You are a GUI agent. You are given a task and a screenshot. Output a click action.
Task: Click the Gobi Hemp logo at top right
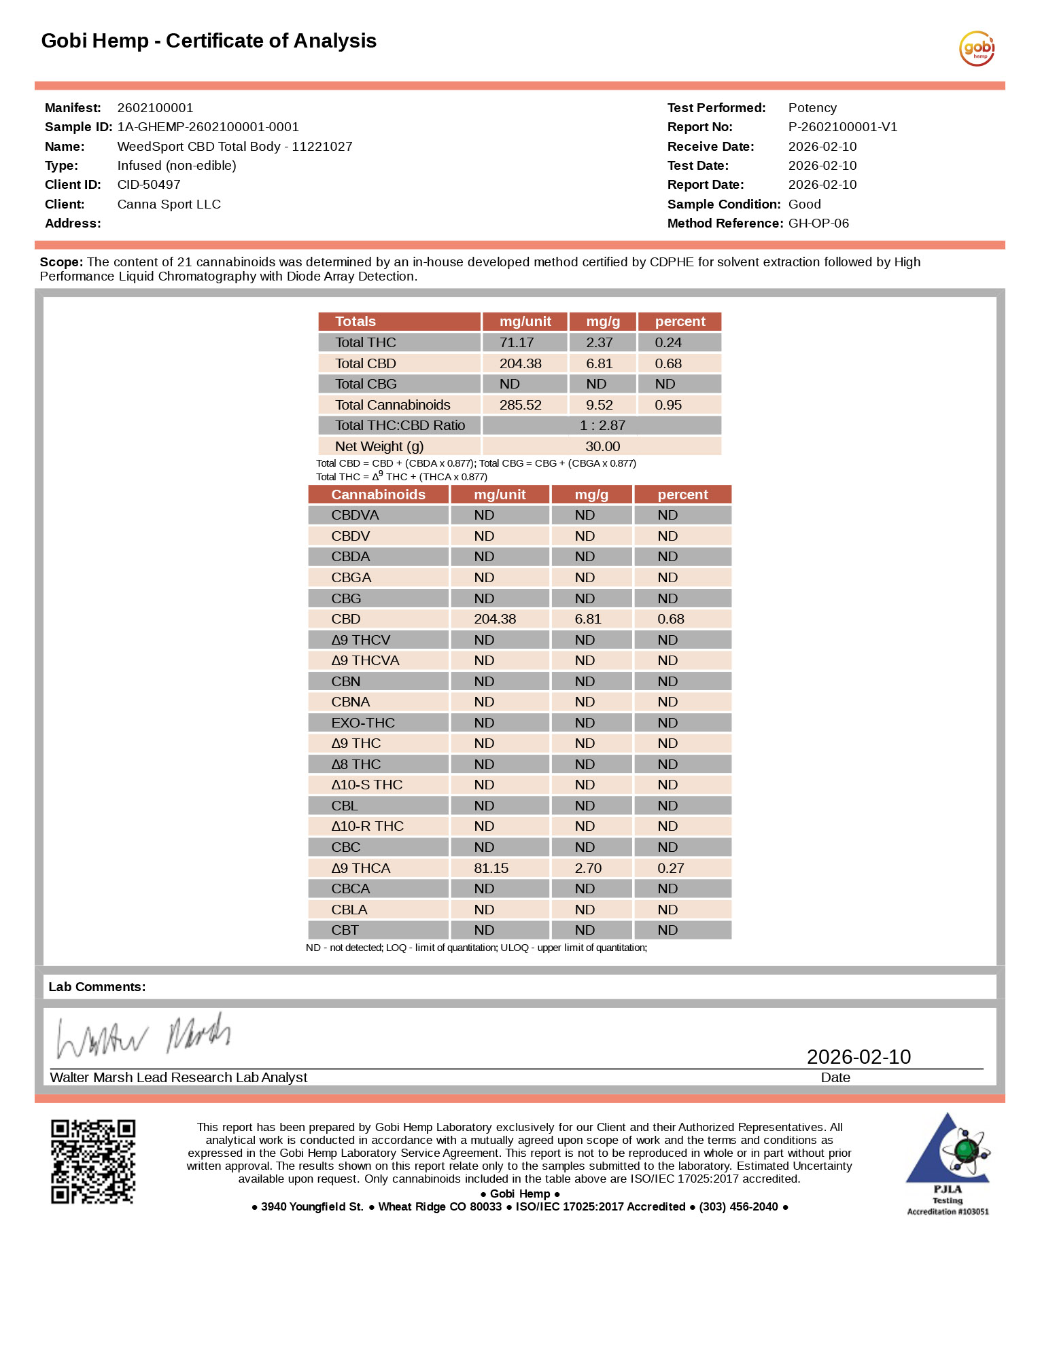[x=977, y=48]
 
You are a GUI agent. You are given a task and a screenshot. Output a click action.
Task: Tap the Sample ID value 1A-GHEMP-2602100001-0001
[x=208, y=127]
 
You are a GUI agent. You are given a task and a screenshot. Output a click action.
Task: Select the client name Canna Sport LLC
[x=169, y=204]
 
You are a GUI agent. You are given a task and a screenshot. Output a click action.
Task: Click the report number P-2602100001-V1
[x=842, y=127]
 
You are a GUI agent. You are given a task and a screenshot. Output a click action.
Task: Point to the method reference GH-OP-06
[x=818, y=223]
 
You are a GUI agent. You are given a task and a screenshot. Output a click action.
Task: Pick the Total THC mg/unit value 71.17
[x=517, y=342]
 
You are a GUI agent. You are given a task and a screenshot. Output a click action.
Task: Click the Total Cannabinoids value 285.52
[x=520, y=405]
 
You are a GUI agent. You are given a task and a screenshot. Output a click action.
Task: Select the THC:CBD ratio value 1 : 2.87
[x=602, y=425]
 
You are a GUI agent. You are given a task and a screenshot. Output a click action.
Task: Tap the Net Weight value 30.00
[x=602, y=446]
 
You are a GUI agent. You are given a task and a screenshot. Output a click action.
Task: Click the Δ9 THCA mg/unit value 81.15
[x=491, y=868]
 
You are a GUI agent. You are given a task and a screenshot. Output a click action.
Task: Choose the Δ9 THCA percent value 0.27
[x=670, y=868]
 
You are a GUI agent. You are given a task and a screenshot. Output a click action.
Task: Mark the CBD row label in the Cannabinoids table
[x=346, y=619]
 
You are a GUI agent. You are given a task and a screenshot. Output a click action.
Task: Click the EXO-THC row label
[x=363, y=723]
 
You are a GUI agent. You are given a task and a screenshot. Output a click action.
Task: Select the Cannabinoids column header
[x=378, y=495]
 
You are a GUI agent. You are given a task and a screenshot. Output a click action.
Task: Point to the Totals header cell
[x=356, y=321]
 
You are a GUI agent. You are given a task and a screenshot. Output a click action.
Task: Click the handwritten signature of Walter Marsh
[x=143, y=1036]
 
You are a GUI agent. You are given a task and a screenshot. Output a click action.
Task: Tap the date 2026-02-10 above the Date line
[x=859, y=1056]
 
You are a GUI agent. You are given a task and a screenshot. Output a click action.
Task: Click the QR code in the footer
[x=93, y=1162]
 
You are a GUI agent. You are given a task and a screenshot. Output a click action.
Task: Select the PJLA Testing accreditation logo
[x=948, y=1163]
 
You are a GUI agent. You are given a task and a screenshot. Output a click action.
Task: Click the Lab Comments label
[x=97, y=987]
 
